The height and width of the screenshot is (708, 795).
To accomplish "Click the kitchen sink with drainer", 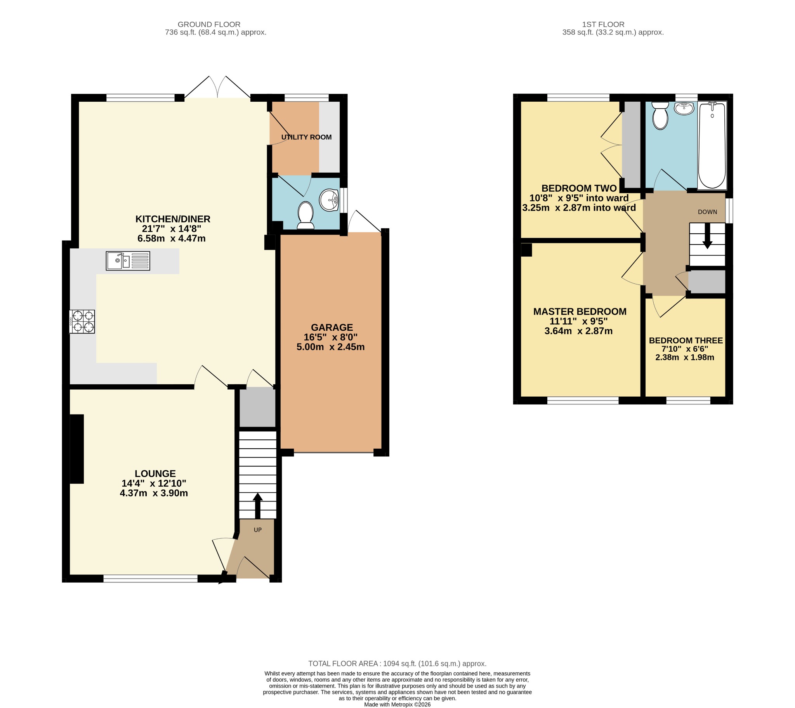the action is click(x=128, y=260).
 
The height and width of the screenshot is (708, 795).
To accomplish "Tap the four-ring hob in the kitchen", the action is click(x=82, y=321).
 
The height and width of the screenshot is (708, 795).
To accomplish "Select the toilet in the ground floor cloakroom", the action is click(x=306, y=215).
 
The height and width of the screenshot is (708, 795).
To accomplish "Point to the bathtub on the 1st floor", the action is click(x=712, y=146).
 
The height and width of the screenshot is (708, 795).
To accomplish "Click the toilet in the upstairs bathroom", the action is click(x=660, y=115).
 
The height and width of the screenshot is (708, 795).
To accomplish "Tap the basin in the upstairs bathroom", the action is click(x=684, y=108).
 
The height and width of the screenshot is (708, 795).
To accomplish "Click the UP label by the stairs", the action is click(x=258, y=530).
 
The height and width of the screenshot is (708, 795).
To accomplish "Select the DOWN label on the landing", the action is click(x=708, y=212).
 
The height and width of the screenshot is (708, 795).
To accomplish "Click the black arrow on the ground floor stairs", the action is click(x=257, y=506).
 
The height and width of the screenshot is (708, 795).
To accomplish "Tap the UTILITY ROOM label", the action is click(x=307, y=137).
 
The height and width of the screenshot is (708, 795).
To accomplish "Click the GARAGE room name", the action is click(x=332, y=328).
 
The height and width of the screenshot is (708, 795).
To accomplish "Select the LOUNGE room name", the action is click(x=155, y=474).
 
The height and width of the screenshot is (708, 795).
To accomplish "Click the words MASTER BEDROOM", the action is click(x=580, y=312).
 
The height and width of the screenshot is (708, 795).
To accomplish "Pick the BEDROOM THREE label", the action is click(x=686, y=340).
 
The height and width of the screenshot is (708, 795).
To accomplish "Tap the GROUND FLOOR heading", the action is click(x=209, y=24).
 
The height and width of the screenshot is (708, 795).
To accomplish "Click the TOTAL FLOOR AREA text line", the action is click(x=397, y=664).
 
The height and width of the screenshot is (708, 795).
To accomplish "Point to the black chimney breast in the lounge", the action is click(x=76, y=449).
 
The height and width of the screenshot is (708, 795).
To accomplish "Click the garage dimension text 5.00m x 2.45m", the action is click(x=331, y=347).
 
